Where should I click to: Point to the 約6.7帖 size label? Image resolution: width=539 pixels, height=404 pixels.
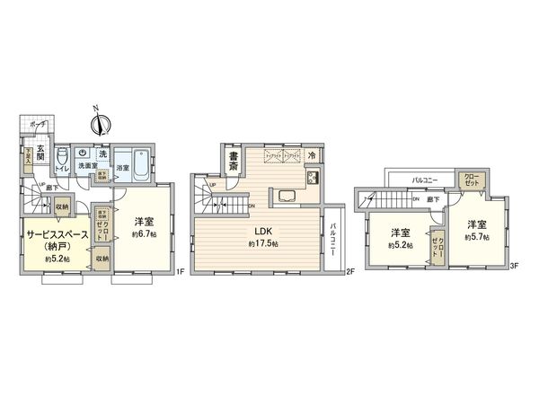[x=142, y=236]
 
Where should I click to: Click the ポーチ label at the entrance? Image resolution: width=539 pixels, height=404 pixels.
[x=37, y=123]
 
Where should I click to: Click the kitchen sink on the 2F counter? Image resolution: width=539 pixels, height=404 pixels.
[x=289, y=196]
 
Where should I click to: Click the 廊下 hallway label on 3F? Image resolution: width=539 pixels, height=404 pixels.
[x=433, y=197]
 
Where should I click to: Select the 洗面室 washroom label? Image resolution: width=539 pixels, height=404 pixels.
[x=86, y=167]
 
